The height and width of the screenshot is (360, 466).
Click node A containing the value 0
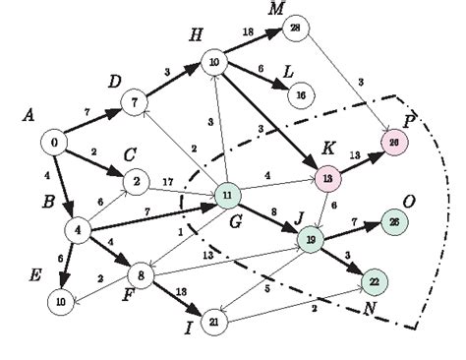pos(54,144)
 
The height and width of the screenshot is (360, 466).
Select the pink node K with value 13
pos(325,178)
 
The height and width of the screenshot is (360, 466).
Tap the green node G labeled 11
pos(227,197)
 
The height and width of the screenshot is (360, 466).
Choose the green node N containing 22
pos(374,280)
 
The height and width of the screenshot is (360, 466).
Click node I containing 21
pos(212,321)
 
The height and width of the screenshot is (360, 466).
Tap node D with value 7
pos(135,99)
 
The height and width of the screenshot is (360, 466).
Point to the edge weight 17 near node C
pos(168,180)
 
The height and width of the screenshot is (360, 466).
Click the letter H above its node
pos(197,37)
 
